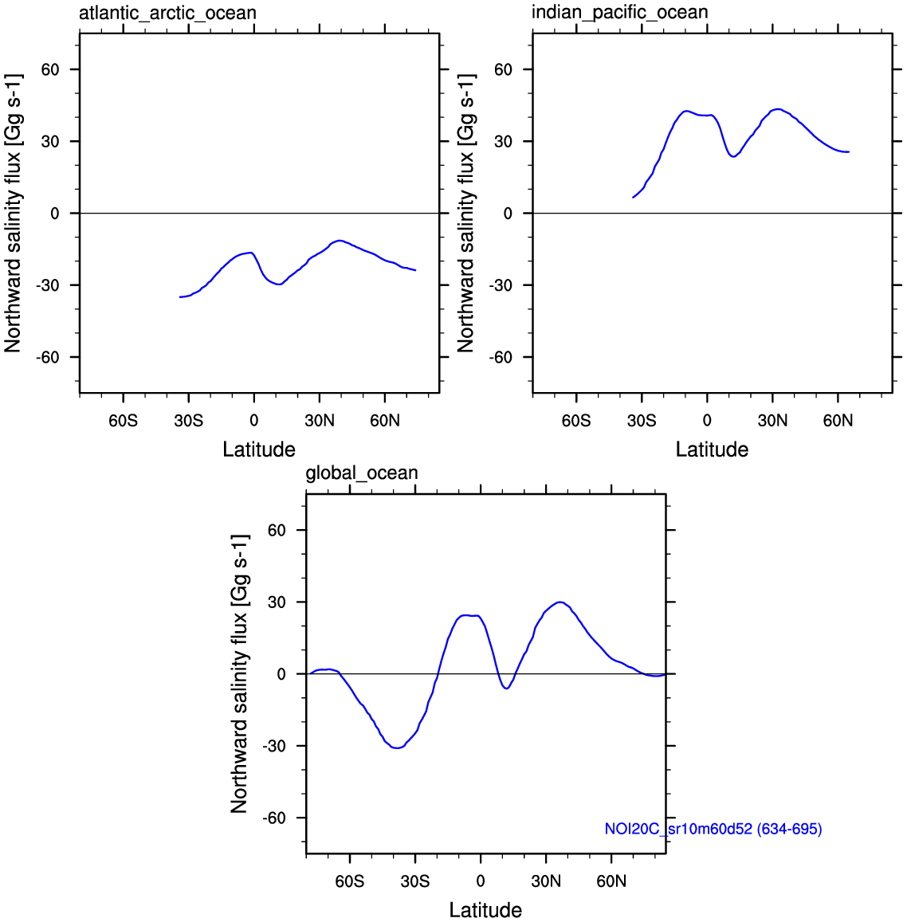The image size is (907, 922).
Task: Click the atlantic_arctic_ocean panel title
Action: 167,14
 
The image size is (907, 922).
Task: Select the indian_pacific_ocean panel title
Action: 619,13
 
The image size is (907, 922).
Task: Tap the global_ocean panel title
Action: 362,473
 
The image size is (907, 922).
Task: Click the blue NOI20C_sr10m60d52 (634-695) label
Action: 713,829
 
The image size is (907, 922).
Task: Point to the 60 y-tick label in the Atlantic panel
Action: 50,70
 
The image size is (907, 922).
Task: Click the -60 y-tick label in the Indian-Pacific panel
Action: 501,357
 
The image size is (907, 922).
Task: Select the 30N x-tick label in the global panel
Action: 546,881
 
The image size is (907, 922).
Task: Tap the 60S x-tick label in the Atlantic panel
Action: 123,421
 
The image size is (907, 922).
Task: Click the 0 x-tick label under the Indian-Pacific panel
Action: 707,421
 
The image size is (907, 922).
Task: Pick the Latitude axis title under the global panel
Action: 485,910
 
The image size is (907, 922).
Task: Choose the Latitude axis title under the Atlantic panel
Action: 259,449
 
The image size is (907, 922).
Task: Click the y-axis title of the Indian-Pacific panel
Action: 465,214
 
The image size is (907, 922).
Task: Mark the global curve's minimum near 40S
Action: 396,747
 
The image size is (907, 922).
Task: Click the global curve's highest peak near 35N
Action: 560,602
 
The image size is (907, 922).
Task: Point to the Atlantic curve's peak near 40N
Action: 340,241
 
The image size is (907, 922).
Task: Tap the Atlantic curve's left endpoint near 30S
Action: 180,297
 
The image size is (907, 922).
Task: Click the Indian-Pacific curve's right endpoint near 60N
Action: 849,151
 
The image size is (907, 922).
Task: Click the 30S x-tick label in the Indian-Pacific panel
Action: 642,421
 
